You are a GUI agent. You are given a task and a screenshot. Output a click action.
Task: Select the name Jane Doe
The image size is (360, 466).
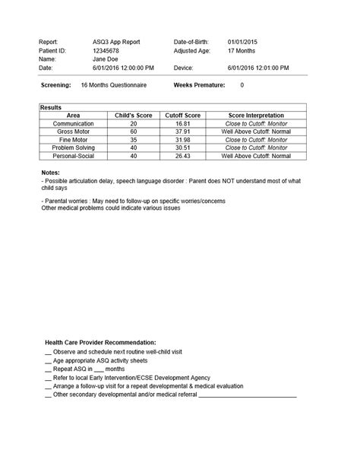click(x=95, y=59)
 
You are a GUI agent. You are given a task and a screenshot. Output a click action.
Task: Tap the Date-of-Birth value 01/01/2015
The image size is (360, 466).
click(x=245, y=40)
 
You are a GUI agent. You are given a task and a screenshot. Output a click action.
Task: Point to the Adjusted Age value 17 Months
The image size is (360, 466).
click(x=242, y=49)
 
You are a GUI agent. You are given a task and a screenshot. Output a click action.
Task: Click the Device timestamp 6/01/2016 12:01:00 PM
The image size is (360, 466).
click(x=258, y=68)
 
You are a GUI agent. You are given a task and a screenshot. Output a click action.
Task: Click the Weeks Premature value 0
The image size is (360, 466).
click(x=242, y=86)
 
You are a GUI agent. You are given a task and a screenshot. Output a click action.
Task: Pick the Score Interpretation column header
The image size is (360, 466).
click(x=255, y=116)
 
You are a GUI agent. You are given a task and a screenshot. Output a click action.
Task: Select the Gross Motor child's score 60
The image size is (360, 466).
click(x=134, y=132)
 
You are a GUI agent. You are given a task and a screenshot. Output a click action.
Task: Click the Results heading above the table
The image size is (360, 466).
click(x=52, y=108)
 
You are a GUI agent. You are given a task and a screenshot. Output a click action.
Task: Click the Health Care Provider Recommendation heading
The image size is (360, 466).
click(x=100, y=343)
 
